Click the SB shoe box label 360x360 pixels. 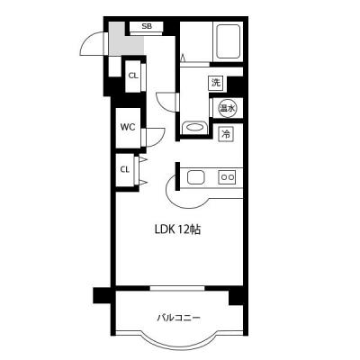point(147,26)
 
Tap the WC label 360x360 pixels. point(128,127)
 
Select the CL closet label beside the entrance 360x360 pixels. point(133,76)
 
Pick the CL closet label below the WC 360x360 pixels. point(125,169)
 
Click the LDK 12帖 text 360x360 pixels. point(177,229)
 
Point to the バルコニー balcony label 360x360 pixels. point(179,318)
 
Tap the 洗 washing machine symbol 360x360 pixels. point(216,83)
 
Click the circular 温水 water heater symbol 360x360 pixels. point(227,108)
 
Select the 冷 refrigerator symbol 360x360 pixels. point(227,134)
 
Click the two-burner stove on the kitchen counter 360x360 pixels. point(227,177)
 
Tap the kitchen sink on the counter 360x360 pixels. point(196,177)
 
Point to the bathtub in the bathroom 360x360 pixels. point(229,41)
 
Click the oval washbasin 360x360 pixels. point(194,128)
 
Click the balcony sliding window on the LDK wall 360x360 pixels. point(177,288)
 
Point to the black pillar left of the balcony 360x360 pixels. point(102,295)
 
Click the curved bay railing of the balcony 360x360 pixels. point(179,348)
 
